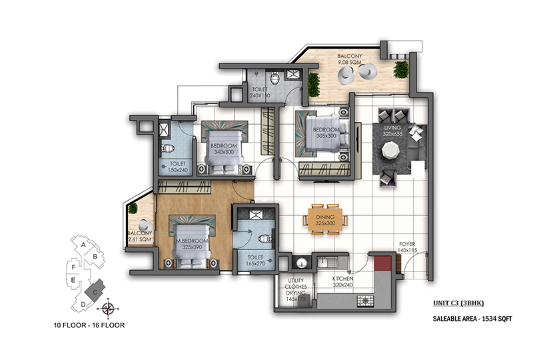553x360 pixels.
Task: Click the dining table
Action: [x=325, y=220]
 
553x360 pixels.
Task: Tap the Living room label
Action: [x=392, y=131]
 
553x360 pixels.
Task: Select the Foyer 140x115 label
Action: [x=407, y=247]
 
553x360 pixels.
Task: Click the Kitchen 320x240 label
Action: [x=342, y=281]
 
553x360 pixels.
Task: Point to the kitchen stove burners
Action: [x=365, y=301]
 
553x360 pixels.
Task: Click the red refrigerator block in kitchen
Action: [x=382, y=263]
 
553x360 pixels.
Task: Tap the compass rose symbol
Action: [x=109, y=309]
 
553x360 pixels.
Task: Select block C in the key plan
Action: [x=95, y=290]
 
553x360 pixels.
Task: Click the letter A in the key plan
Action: [x=83, y=245]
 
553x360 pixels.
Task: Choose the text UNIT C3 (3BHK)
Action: [x=458, y=303]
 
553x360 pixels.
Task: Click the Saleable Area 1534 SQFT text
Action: [x=472, y=319]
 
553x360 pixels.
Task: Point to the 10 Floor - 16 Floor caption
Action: [x=89, y=325]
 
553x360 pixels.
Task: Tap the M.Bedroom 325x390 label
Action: [x=192, y=244]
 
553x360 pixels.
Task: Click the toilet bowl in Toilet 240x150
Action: [x=275, y=78]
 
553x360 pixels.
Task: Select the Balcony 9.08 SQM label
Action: [x=350, y=59]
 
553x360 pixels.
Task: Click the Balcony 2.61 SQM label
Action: [x=140, y=236]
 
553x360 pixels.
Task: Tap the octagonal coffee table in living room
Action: [x=391, y=150]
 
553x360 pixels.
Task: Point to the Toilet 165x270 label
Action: [x=255, y=261]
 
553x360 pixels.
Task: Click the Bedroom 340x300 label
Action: [x=224, y=149]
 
